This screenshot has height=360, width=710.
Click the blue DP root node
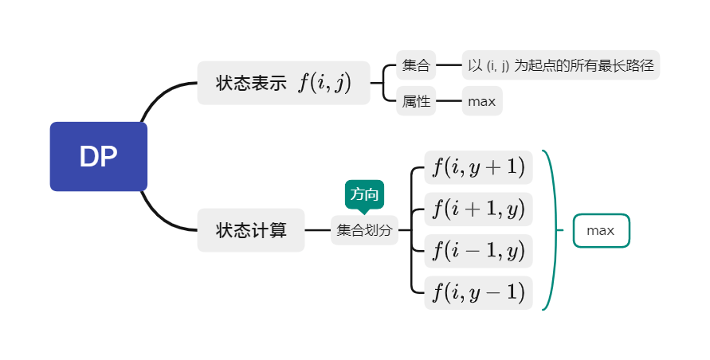(99, 157)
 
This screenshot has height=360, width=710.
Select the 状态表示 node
(250, 83)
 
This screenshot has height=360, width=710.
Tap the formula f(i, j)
(324, 83)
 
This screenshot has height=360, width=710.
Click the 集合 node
(416, 65)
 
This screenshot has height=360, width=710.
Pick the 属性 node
(416, 101)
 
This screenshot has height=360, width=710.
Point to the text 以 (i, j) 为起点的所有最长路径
(561, 65)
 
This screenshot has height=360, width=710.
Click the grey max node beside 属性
(482, 101)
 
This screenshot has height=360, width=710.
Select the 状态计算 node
(250, 230)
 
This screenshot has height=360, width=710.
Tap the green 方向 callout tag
(364, 194)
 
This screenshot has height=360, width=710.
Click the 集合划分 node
(364, 230)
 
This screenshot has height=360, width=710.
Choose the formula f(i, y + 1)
(478, 166)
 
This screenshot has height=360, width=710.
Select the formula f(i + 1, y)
(478, 209)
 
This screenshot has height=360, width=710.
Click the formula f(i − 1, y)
(478, 251)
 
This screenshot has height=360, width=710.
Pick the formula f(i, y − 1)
(478, 292)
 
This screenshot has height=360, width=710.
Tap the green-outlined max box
(601, 231)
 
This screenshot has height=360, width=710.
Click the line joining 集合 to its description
(449, 65)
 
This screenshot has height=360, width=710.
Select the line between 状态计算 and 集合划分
(317, 230)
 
